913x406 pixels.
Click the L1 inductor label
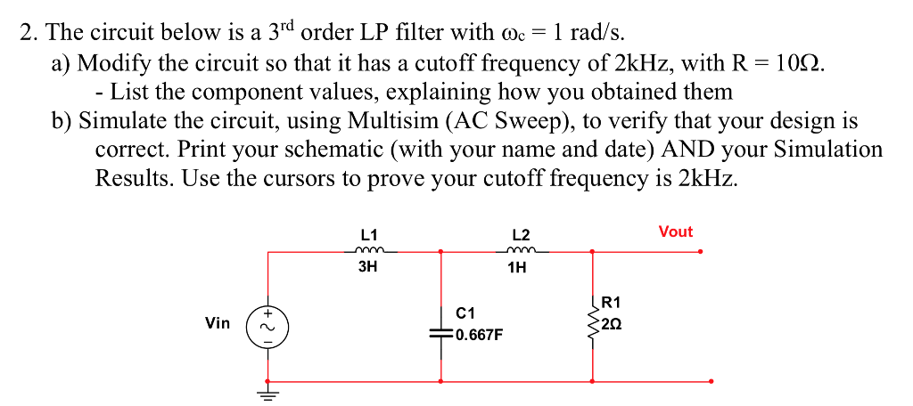367,234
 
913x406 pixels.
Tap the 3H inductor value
367,266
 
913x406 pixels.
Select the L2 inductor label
522,235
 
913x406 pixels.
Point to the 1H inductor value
516,267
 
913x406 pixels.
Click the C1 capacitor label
465,313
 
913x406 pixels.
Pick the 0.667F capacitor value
479,336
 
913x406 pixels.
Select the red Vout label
675,231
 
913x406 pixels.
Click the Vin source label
218,323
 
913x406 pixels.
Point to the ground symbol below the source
268,390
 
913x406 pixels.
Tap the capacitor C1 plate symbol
440,332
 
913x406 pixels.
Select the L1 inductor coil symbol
368,251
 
